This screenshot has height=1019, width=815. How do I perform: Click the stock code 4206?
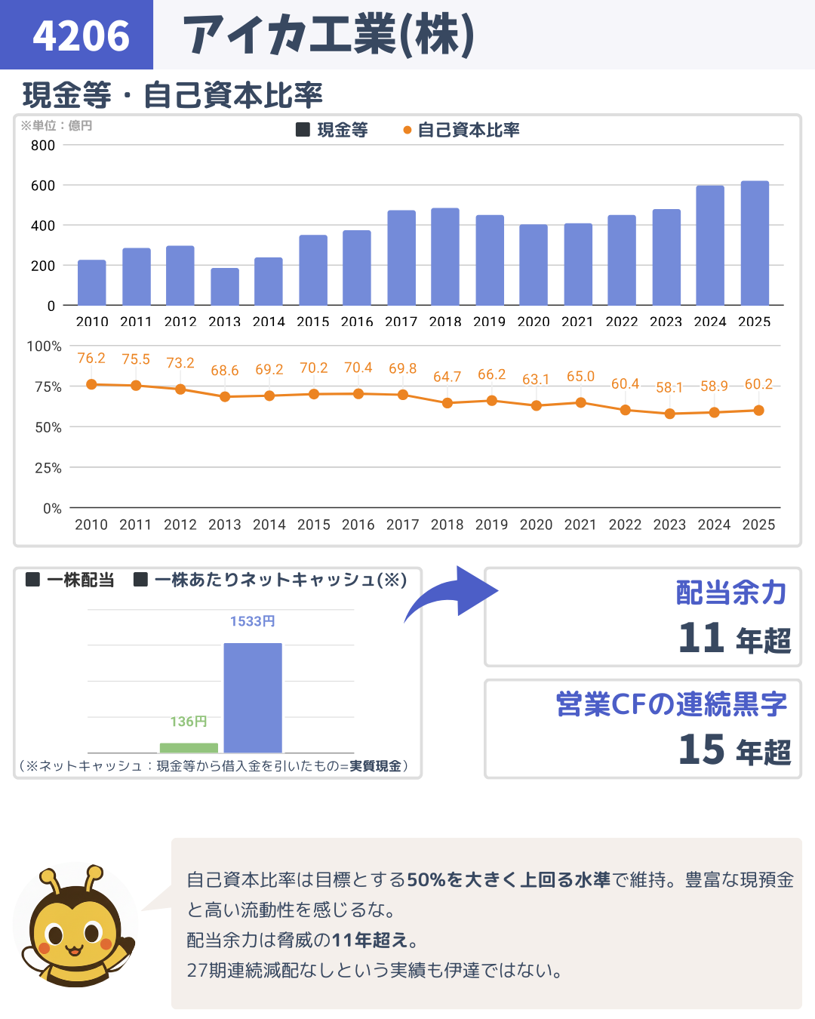tap(81, 35)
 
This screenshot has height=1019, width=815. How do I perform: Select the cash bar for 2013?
tap(225, 287)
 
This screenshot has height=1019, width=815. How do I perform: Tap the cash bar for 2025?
tap(755, 243)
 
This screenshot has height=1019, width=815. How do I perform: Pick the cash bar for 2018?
tap(445, 257)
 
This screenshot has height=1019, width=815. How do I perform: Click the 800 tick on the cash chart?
tap(43, 145)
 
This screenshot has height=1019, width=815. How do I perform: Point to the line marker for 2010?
tap(91, 384)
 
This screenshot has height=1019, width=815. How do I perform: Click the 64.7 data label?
tap(447, 376)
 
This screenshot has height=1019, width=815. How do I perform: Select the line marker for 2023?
tap(669, 414)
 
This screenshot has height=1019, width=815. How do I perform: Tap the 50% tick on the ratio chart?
tap(48, 427)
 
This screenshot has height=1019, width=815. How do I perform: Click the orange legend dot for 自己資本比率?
tap(407, 131)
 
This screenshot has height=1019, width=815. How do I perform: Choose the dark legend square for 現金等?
tap(303, 130)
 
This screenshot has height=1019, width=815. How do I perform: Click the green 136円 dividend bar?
tap(189, 747)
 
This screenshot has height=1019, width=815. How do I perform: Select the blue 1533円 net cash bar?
tap(253, 697)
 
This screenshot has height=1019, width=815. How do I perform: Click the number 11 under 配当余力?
tap(701, 638)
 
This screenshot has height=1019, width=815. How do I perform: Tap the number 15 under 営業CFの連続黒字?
tap(701, 750)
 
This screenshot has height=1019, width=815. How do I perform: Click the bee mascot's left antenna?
tap(50, 882)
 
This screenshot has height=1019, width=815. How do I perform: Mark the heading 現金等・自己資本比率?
tap(173, 95)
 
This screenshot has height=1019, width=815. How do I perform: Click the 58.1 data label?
tap(669, 387)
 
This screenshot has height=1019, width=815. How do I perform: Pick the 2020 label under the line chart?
tap(536, 525)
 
